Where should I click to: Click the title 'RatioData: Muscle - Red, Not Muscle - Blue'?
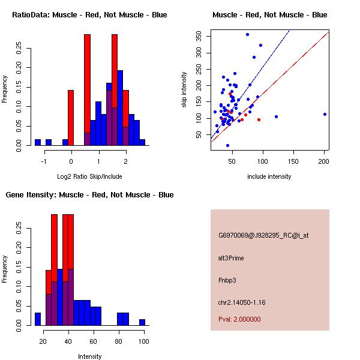click(x=90, y=14)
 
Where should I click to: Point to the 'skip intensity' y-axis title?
click(x=184, y=90)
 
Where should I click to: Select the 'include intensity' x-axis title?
click(x=269, y=176)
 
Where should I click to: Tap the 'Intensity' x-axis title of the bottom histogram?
click(x=90, y=356)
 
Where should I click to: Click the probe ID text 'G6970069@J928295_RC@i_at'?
click(x=263, y=236)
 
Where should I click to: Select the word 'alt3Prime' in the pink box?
click(x=231, y=258)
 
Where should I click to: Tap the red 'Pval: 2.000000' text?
click(x=239, y=319)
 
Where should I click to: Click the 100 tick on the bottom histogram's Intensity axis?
click(x=143, y=341)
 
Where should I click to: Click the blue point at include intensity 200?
click(x=325, y=114)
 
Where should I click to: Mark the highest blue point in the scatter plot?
click(x=247, y=35)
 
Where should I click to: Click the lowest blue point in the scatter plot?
click(x=227, y=145)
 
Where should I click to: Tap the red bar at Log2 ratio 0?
click(x=71, y=118)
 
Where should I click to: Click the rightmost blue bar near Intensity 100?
click(x=142, y=322)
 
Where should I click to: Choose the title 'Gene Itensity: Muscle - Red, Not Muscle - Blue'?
click(x=90, y=195)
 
